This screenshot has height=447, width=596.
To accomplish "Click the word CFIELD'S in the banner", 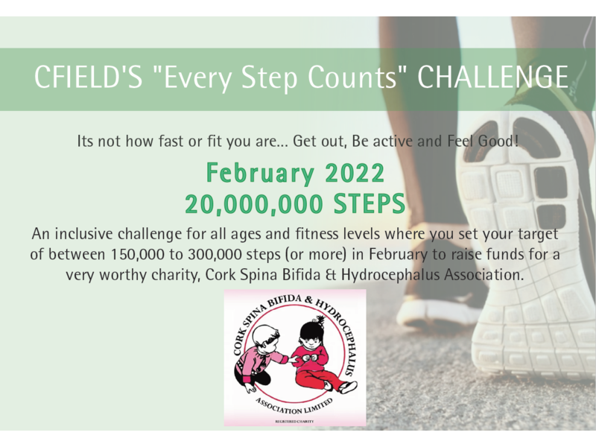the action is click(x=88, y=77).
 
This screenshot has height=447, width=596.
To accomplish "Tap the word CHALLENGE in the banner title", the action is click(x=493, y=77).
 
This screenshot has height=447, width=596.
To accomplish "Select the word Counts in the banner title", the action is click(x=352, y=77).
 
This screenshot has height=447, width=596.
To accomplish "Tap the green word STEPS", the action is click(x=370, y=204).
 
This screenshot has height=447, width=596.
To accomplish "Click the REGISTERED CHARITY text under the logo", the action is click(x=294, y=422).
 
